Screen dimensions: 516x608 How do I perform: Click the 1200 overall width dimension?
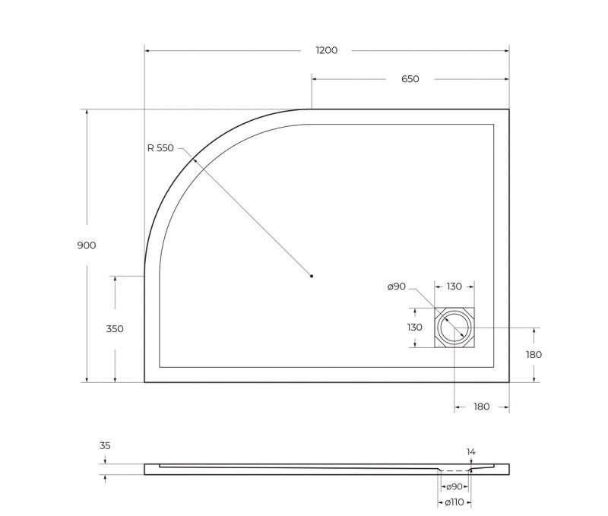[326, 50]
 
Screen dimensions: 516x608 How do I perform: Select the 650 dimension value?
[410, 79]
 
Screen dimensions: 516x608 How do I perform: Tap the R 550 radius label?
[160, 148]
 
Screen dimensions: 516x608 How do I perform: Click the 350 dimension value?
[115, 329]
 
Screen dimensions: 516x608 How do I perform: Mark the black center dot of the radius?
[312, 276]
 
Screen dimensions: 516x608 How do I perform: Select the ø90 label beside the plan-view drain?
[397, 286]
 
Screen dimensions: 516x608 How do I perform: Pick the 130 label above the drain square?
[454, 286]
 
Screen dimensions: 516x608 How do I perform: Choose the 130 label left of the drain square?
[414, 328]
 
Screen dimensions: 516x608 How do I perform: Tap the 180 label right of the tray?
[534, 354]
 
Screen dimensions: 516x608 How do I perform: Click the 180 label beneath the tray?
[481, 407]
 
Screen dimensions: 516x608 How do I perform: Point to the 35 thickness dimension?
[104, 447]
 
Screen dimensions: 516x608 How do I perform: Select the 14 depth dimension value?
[470, 451]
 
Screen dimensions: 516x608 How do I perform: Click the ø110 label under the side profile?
[454, 502]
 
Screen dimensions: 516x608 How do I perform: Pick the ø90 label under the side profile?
[454, 486]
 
